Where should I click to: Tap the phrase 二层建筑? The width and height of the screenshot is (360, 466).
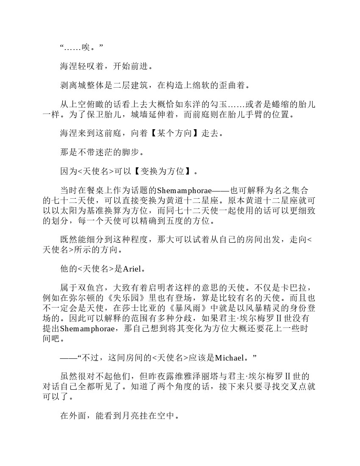127,85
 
